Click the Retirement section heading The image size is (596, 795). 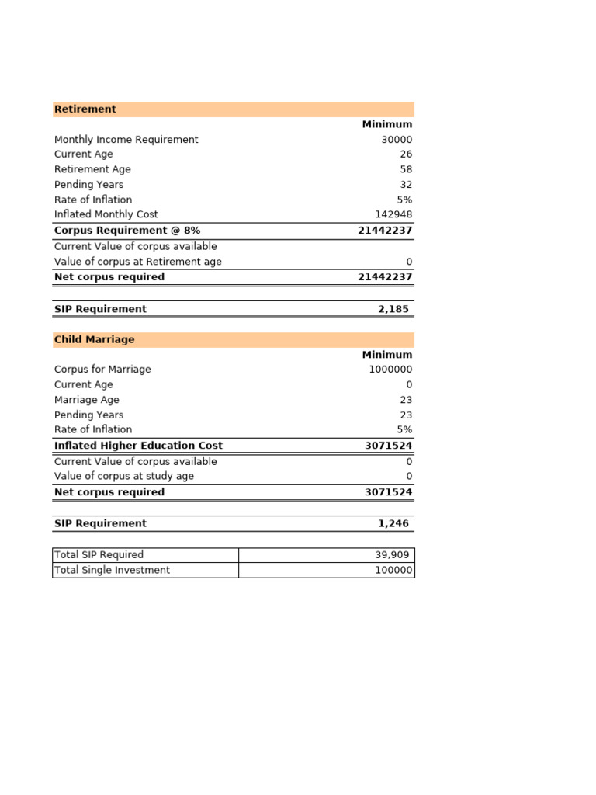[85, 109]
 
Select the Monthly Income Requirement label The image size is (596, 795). [126, 140]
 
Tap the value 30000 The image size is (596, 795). [396, 140]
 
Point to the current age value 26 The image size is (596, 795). [406, 154]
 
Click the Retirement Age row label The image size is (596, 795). [92, 169]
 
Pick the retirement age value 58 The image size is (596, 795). [406, 169]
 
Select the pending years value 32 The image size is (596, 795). [406, 185]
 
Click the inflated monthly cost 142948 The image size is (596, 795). [393, 214]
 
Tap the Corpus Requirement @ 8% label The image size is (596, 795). [127, 231]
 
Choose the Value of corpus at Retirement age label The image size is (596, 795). [138, 262]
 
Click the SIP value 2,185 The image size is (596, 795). [393, 309]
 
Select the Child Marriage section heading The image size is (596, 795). [94, 340]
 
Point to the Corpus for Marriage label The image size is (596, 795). [102, 370]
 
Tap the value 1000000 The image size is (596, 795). [390, 370]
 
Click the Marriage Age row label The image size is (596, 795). [87, 400]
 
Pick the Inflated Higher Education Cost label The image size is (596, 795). [138, 446]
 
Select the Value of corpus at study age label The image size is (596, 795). [124, 476]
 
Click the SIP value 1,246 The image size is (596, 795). [393, 524]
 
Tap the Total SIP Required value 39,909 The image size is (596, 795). [392, 555]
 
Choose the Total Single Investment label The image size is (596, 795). [112, 571]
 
